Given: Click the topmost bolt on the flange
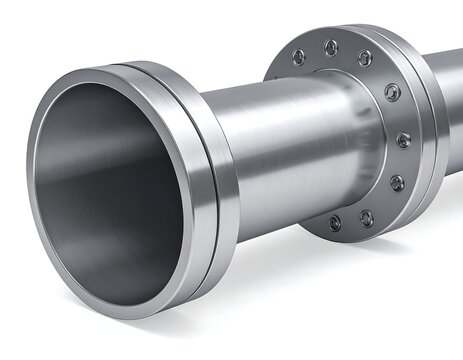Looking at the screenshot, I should click(331, 46).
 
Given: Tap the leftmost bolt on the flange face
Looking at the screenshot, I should click(298, 57).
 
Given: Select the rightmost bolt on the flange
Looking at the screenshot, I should click(404, 139).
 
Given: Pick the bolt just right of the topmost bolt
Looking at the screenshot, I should click(364, 58).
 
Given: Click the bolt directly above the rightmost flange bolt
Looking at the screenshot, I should click(392, 93).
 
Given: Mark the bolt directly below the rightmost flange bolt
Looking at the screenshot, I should click(397, 183).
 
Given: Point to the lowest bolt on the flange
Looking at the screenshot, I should click(334, 222).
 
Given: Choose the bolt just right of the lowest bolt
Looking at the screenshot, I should click(369, 215).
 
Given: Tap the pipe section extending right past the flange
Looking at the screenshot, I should click(452, 100).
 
